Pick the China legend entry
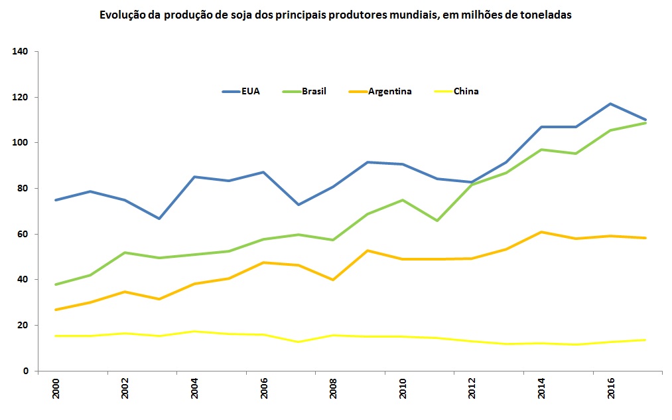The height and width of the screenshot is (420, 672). pyautogui.click(x=466, y=92)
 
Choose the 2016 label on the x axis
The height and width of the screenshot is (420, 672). pyautogui.click(x=610, y=389)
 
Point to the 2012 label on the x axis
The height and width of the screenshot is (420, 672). pyautogui.click(x=472, y=389)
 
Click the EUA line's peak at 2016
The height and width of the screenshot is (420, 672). pyautogui.click(x=610, y=104)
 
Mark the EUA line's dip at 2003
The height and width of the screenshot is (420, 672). pyautogui.click(x=159, y=219)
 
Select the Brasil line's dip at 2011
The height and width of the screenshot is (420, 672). pyautogui.click(x=437, y=221)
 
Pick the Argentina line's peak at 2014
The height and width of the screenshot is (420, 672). pyautogui.click(x=541, y=232)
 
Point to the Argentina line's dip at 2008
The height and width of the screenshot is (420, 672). pyautogui.click(x=332, y=280)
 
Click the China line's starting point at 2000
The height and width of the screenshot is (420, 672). pyautogui.click(x=55, y=336)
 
